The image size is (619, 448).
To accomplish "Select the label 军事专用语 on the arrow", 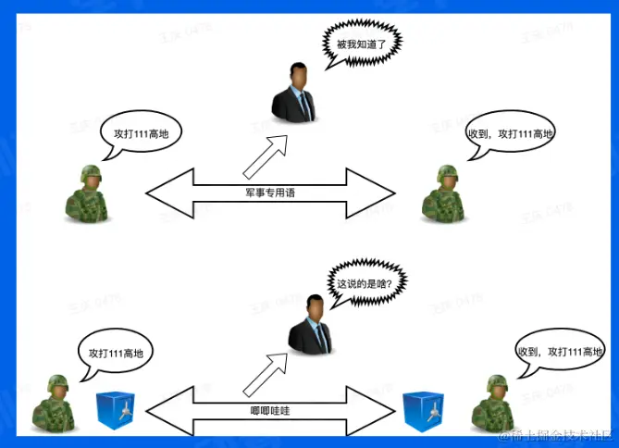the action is point(270,193).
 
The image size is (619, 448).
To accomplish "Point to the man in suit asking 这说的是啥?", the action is point(312,325).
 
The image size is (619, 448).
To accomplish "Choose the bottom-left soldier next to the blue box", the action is point(55,404).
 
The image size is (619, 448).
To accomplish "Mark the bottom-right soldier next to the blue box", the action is point(492,404).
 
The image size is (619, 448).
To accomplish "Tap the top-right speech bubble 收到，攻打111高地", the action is point(510,135).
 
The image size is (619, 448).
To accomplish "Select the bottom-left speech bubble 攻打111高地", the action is point(115,353).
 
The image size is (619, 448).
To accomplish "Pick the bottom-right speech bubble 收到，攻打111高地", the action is point(559,353).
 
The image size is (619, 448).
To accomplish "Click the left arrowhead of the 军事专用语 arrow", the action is point(167,193).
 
